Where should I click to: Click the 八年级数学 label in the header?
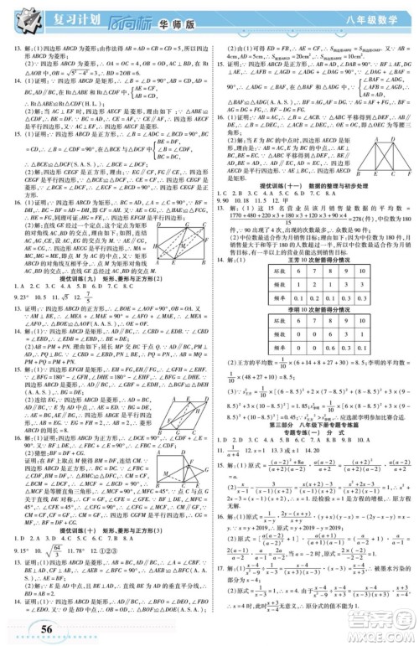click(x=369, y=16)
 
